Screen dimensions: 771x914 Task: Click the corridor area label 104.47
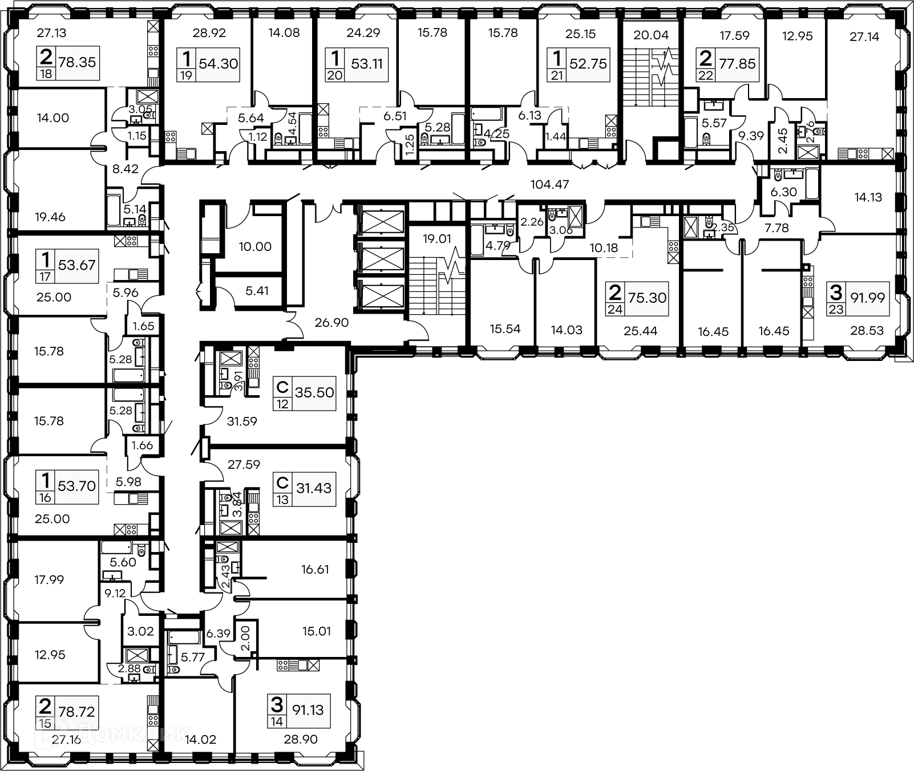550,184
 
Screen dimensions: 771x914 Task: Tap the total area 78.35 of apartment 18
77,62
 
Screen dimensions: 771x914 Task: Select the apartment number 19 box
187,75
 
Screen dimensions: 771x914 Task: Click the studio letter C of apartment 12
282,388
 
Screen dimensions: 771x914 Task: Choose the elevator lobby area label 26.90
331,323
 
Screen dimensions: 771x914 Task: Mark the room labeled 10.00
255,247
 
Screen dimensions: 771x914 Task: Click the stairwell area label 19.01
436,238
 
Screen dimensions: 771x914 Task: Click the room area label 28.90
301,740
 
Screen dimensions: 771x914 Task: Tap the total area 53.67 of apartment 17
76,265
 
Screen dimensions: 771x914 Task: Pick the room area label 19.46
50,217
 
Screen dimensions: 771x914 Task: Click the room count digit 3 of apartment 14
277,705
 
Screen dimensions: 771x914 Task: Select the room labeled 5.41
257,291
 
